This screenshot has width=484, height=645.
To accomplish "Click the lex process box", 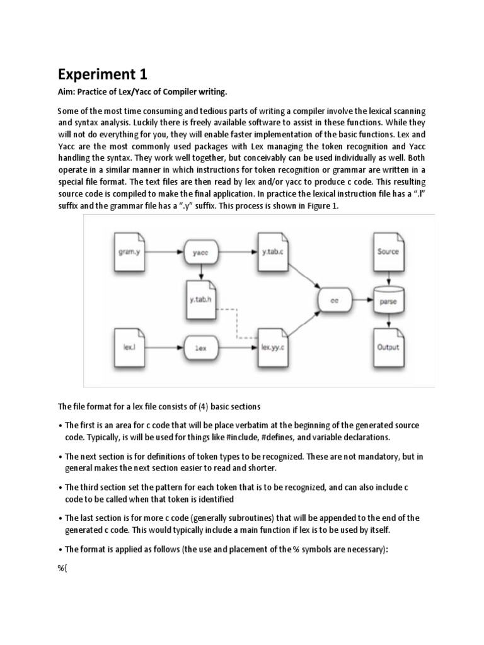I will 201,346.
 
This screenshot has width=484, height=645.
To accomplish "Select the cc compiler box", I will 334,300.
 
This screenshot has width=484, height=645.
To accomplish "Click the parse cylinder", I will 388,300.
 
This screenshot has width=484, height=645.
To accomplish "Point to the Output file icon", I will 388,346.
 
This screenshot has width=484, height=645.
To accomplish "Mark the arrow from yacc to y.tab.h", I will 201,272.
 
